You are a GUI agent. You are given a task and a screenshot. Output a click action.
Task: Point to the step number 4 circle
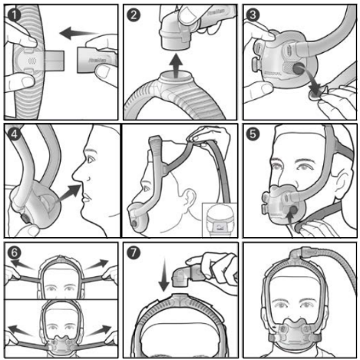coord(15,136)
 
